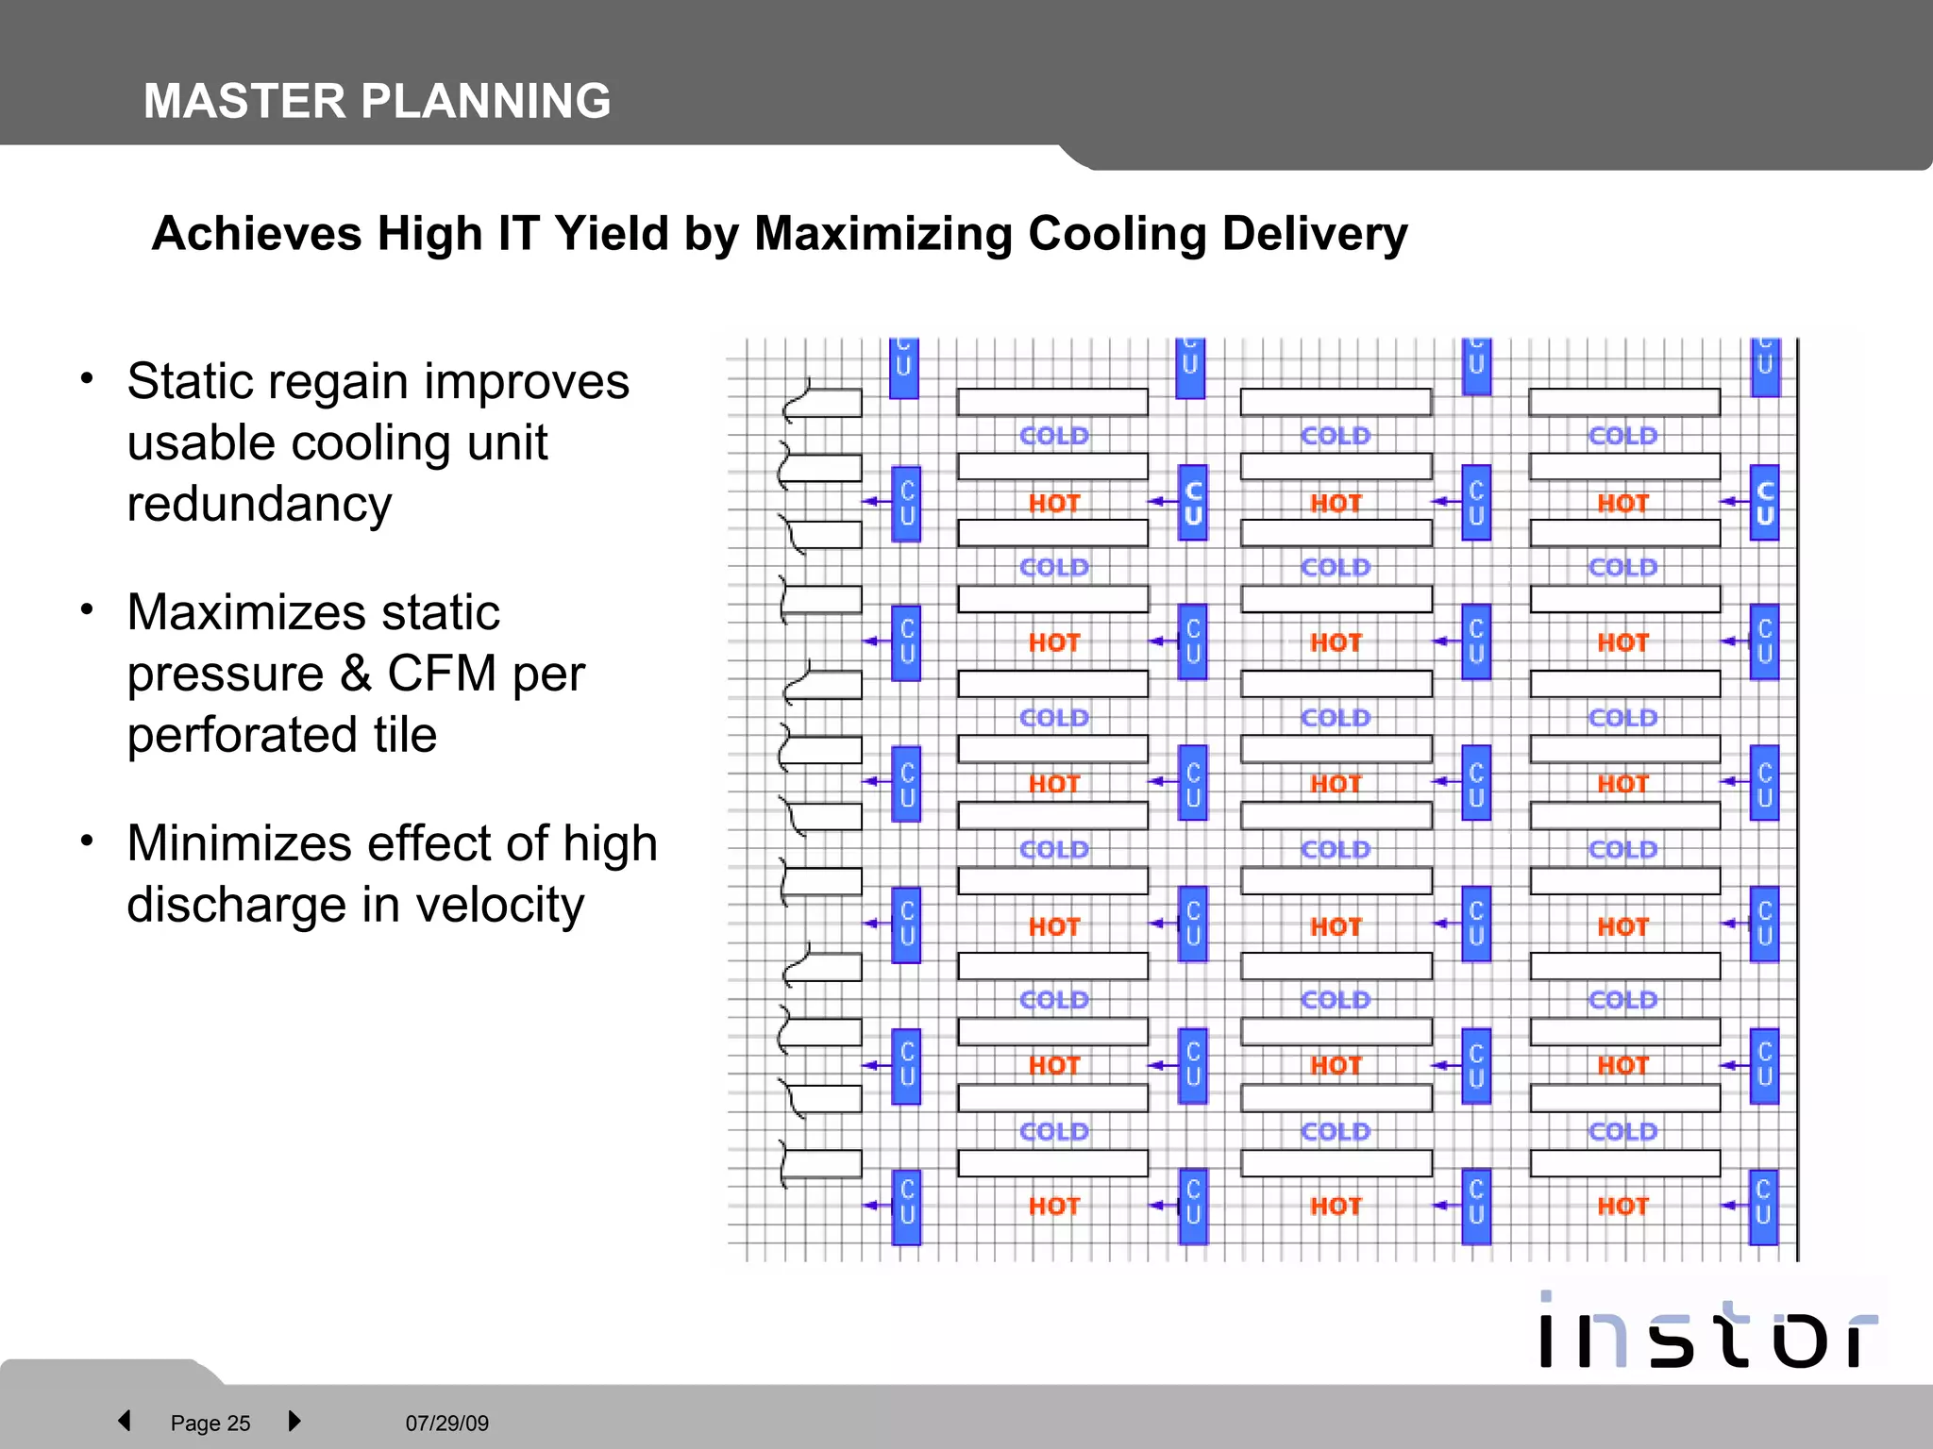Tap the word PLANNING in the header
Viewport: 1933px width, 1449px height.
[485, 101]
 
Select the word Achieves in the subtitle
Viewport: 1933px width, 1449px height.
[256, 233]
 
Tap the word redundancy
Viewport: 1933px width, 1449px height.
[260, 504]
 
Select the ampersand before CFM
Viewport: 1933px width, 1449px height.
[356, 674]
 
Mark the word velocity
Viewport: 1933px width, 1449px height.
[500, 905]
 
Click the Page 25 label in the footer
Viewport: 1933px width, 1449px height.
[210, 1423]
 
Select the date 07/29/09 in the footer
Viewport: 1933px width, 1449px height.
[446, 1423]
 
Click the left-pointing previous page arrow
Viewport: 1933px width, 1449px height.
[125, 1421]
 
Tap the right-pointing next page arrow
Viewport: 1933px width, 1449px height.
[294, 1421]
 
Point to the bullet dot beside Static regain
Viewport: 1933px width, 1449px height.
[87, 379]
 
